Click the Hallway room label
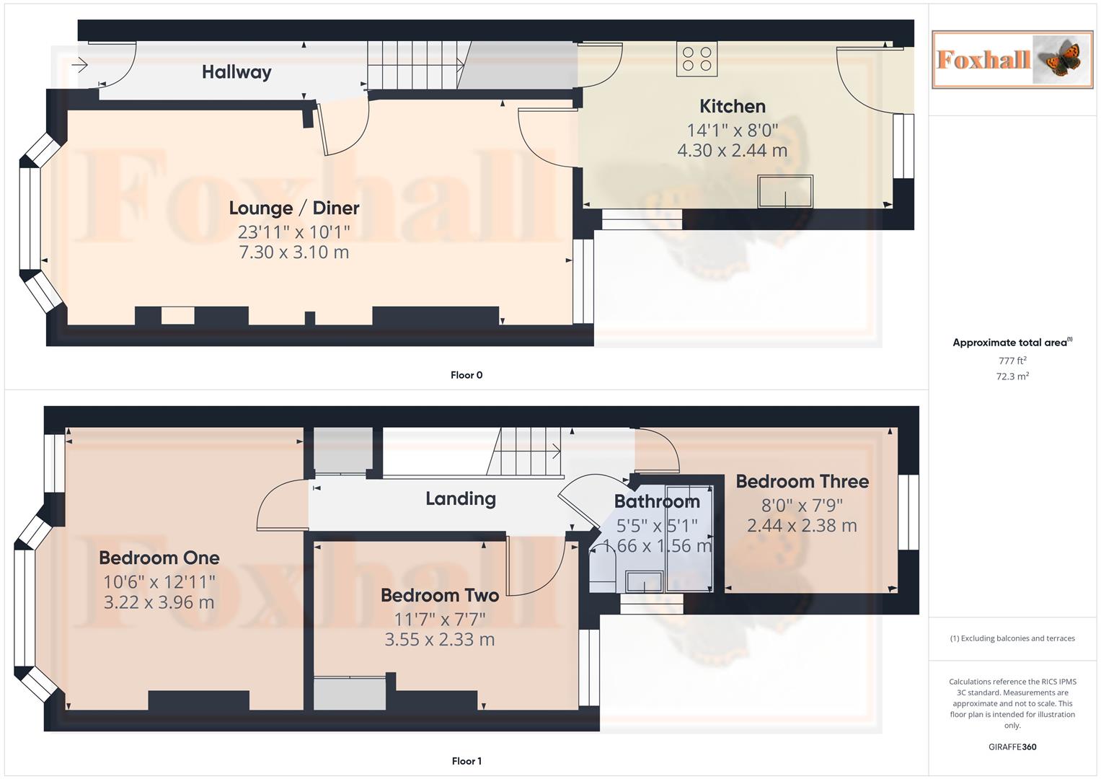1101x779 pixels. pos(236,72)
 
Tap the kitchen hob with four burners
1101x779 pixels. pos(697,59)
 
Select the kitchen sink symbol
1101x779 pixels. pos(784,191)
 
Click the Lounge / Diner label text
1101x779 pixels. pos(294,208)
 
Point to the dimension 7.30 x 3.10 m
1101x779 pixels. pos(294,252)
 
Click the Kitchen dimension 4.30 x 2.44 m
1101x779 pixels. pos(732,151)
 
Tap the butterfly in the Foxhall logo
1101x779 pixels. pos(1063,60)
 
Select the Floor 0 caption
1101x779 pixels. pos(467,375)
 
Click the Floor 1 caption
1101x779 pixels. pos(467,761)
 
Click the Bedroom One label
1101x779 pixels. pos(159,558)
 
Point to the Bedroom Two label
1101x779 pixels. pos(440,596)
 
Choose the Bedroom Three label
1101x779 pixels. pos(802,482)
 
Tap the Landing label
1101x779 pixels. pos(461,499)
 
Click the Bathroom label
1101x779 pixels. pos(657,502)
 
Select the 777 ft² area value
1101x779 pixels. pos(1012,361)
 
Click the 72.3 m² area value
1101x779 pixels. pos(1012,377)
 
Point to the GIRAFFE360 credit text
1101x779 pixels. pos(1012,747)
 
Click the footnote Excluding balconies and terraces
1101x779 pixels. pos(1012,638)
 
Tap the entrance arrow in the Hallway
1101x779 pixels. pos(79,66)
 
